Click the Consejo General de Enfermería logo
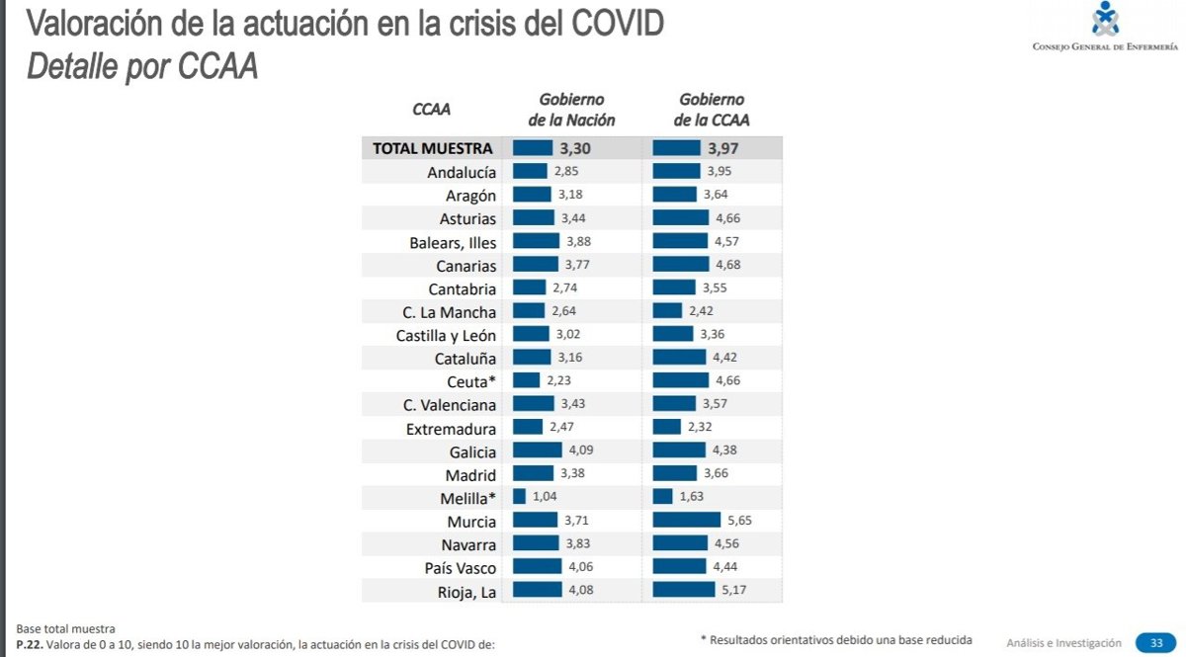(x=1105, y=26)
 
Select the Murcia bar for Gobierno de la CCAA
(x=687, y=521)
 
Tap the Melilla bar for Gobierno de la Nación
(x=520, y=497)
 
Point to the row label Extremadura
(x=451, y=430)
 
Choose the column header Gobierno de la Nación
(x=571, y=110)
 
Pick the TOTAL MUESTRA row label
(x=432, y=148)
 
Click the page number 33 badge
(x=1154, y=642)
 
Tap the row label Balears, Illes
(x=453, y=242)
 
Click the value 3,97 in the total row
(x=724, y=149)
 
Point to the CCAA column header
(x=431, y=110)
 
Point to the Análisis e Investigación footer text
(x=1063, y=642)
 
